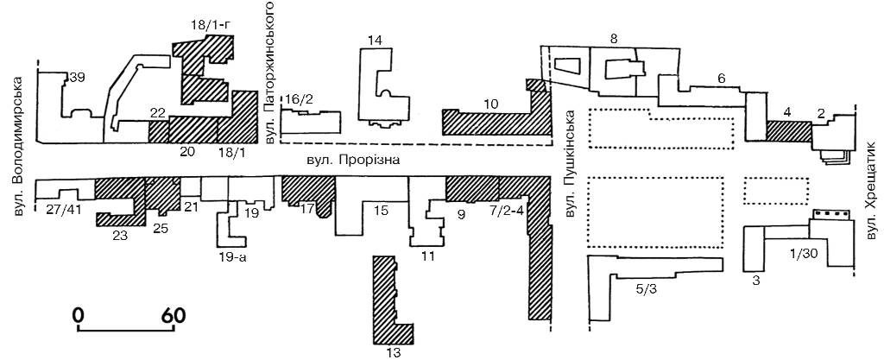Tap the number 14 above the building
(x=374, y=41)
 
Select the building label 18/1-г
(x=210, y=25)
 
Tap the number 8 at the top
(x=613, y=39)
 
